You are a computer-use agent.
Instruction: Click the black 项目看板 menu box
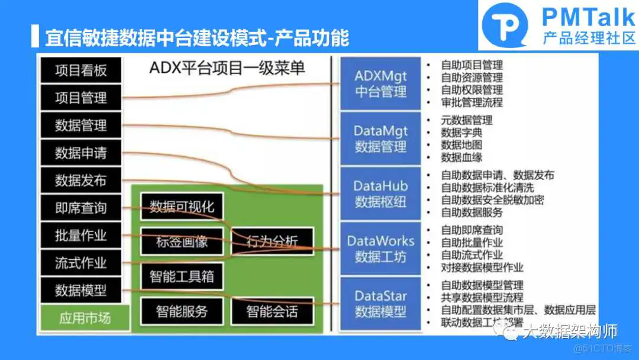coord(81,70)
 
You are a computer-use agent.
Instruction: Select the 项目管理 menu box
coord(81,98)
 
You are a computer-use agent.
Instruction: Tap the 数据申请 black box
coord(81,153)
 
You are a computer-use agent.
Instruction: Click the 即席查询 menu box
coord(81,208)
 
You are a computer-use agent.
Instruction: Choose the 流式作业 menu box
coord(81,263)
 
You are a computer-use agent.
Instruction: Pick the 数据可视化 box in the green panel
coord(182,207)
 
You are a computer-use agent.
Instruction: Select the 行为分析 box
coord(272,241)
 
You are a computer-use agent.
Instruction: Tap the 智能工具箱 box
coord(182,276)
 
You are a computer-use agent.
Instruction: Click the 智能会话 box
coord(272,311)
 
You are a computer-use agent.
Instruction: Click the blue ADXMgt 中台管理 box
coord(380,84)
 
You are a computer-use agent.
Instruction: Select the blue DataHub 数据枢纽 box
coord(380,194)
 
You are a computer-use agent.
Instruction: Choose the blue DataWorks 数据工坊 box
coord(380,249)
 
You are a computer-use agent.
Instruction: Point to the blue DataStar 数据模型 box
coord(380,303)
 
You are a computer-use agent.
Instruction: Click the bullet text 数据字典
coord(461,133)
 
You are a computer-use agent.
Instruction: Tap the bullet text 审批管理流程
coord(472,102)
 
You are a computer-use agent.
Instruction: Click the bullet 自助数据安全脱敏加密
coord(492,200)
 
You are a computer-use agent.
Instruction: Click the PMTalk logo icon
coord(504,25)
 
